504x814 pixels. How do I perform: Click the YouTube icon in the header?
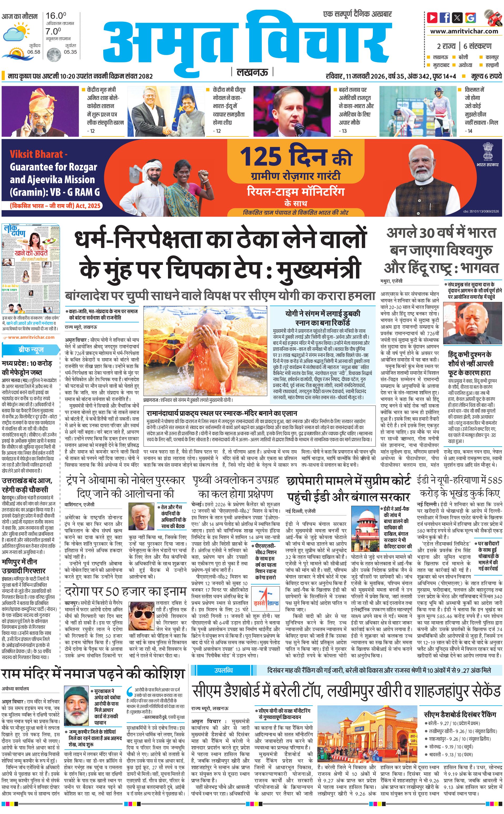(x=432, y=17)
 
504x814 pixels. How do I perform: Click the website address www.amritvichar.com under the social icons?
(x=464, y=31)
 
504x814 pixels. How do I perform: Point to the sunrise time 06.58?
(x=34, y=52)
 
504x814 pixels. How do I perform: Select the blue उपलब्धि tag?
(x=223, y=661)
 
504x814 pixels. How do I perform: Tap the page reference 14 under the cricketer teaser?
(x=470, y=131)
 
